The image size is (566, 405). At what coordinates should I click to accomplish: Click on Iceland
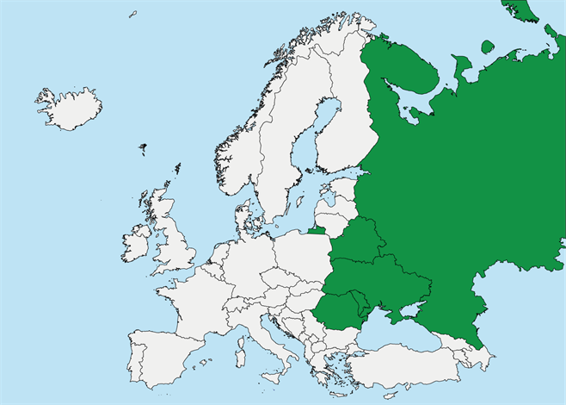coord(69,109)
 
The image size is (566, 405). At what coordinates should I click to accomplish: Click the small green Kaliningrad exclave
coord(317,231)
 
